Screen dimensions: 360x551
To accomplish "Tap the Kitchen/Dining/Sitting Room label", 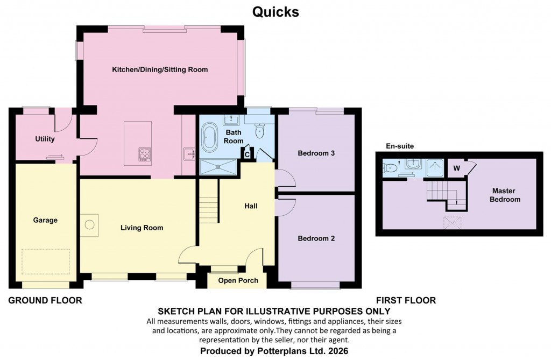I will [160, 70].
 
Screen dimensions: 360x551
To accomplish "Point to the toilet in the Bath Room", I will [260, 130].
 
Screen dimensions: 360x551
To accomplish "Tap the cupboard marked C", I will [246, 154].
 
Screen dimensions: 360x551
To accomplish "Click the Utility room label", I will [45, 139].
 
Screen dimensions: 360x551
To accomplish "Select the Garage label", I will [45, 220].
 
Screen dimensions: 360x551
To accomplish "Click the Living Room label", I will [142, 228].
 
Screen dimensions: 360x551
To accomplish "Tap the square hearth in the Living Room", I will [90, 224].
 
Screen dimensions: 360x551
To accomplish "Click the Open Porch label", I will [238, 280].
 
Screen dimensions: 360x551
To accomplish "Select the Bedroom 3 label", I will [316, 153].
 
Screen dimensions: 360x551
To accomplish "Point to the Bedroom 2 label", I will [316, 238].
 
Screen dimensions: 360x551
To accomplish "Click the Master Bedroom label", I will [505, 195].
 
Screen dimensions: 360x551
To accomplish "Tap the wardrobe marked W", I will [456, 167].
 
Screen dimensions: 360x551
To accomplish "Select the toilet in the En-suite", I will [391, 168].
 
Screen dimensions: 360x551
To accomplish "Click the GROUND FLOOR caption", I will [45, 300].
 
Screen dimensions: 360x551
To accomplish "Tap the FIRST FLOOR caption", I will [406, 300].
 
